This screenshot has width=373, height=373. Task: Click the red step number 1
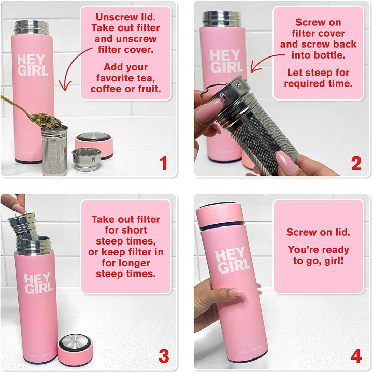[x=164, y=164]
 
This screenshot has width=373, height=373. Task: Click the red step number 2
[x=356, y=163]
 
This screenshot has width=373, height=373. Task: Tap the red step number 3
[x=164, y=356]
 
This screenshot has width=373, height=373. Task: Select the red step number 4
[x=356, y=356]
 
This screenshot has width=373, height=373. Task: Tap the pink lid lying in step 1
[x=94, y=145]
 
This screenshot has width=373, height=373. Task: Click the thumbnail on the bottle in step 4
[x=236, y=292]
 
